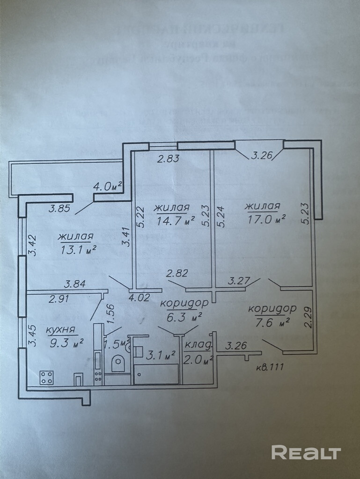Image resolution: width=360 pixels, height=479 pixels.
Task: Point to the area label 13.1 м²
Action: point(78,248)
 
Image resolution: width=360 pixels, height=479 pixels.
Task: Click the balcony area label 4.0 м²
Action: point(107,186)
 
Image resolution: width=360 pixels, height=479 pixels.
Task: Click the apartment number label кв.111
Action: point(271,367)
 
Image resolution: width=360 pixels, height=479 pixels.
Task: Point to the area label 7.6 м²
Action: point(275,322)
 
